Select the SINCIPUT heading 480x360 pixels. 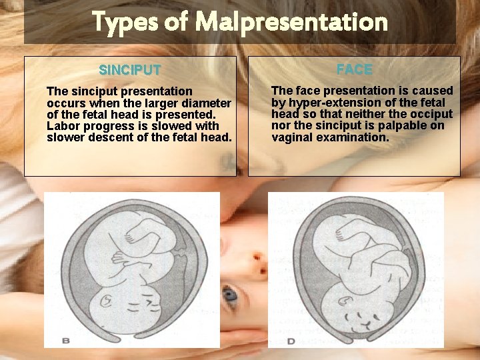129,70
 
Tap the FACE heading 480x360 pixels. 354,69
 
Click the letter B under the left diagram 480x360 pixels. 66,340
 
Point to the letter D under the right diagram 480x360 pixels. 291,340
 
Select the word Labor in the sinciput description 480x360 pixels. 62,126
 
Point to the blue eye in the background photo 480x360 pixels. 230,294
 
